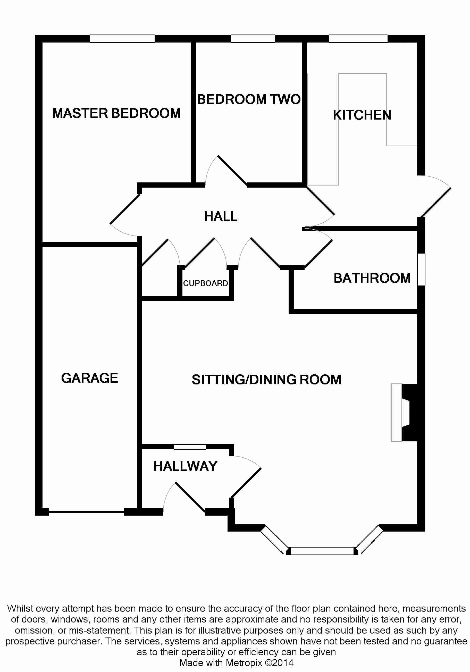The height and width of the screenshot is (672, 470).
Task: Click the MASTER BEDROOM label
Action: click(x=116, y=113)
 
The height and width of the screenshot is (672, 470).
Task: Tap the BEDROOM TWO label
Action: click(x=249, y=99)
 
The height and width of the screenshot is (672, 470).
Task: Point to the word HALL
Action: click(x=221, y=217)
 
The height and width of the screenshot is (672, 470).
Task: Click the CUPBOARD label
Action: click(x=205, y=283)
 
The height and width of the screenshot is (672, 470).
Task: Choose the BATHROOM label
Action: click(x=372, y=278)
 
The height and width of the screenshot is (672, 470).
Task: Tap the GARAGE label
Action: click(x=90, y=378)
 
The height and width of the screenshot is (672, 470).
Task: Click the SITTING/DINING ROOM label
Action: click(x=266, y=380)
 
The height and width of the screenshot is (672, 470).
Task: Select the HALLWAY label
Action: click(x=185, y=467)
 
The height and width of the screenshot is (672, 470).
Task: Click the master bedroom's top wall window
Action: click(x=122, y=39)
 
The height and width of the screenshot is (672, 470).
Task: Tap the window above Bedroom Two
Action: click(x=253, y=39)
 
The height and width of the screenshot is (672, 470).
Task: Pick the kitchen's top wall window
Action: click(x=358, y=39)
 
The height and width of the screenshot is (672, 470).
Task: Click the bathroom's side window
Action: click(x=421, y=269)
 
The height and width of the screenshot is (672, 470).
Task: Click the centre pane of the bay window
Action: click(x=322, y=551)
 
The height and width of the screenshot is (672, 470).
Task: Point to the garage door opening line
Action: click(x=86, y=512)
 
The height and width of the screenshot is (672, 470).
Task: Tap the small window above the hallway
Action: click(x=190, y=447)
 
